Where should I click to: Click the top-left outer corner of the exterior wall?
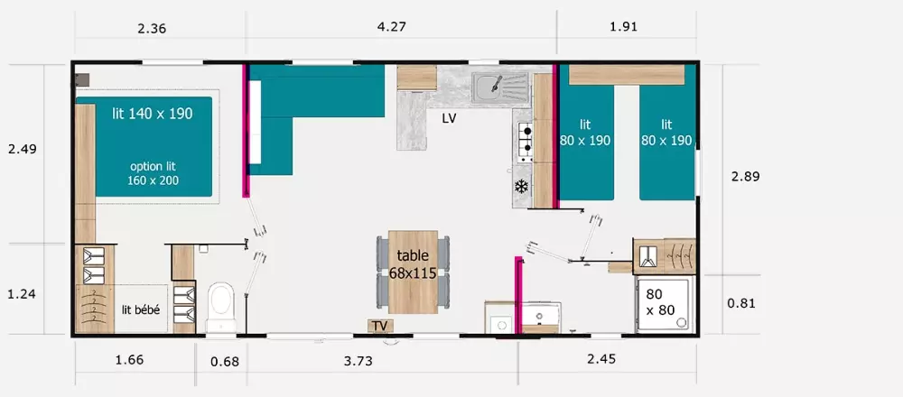click(x=71, y=60)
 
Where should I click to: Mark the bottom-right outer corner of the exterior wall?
click(x=699, y=337)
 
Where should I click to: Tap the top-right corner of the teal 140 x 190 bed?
click(x=212, y=97)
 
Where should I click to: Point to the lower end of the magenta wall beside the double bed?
click(x=247, y=197)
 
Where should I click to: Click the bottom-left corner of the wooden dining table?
click(x=388, y=314)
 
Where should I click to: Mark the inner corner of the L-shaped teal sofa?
click(x=293, y=117)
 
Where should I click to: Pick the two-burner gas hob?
click(x=526, y=142)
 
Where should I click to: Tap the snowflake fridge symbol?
click(x=521, y=187)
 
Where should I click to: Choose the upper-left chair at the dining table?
click(x=383, y=254)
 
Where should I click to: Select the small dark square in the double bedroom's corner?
click(x=82, y=80)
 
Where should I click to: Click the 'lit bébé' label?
click(x=141, y=309)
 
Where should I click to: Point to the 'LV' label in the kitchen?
click(x=449, y=120)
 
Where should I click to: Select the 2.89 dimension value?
click(x=745, y=177)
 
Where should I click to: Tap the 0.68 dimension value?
click(x=225, y=362)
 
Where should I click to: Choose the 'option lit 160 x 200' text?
click(x=154, y=173)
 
